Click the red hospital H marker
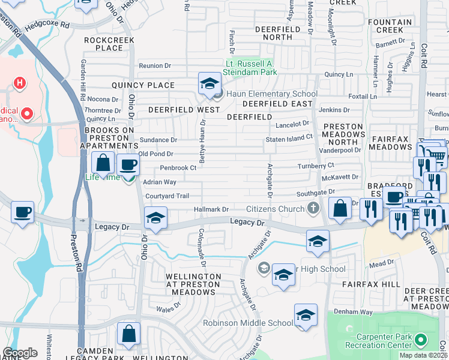pos(20,82)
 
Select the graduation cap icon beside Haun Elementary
pos(209,84)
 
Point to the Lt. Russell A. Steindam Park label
pos(251,68)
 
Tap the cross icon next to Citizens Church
pos(312,209)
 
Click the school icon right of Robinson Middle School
pos(306,316)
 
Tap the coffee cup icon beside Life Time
pos(127,165)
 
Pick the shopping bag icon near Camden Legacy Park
pos(128,333)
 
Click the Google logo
pos(20,353)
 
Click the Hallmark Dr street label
pos(211,209)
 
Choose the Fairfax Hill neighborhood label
pos(371,283)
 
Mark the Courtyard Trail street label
pos(167,196)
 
